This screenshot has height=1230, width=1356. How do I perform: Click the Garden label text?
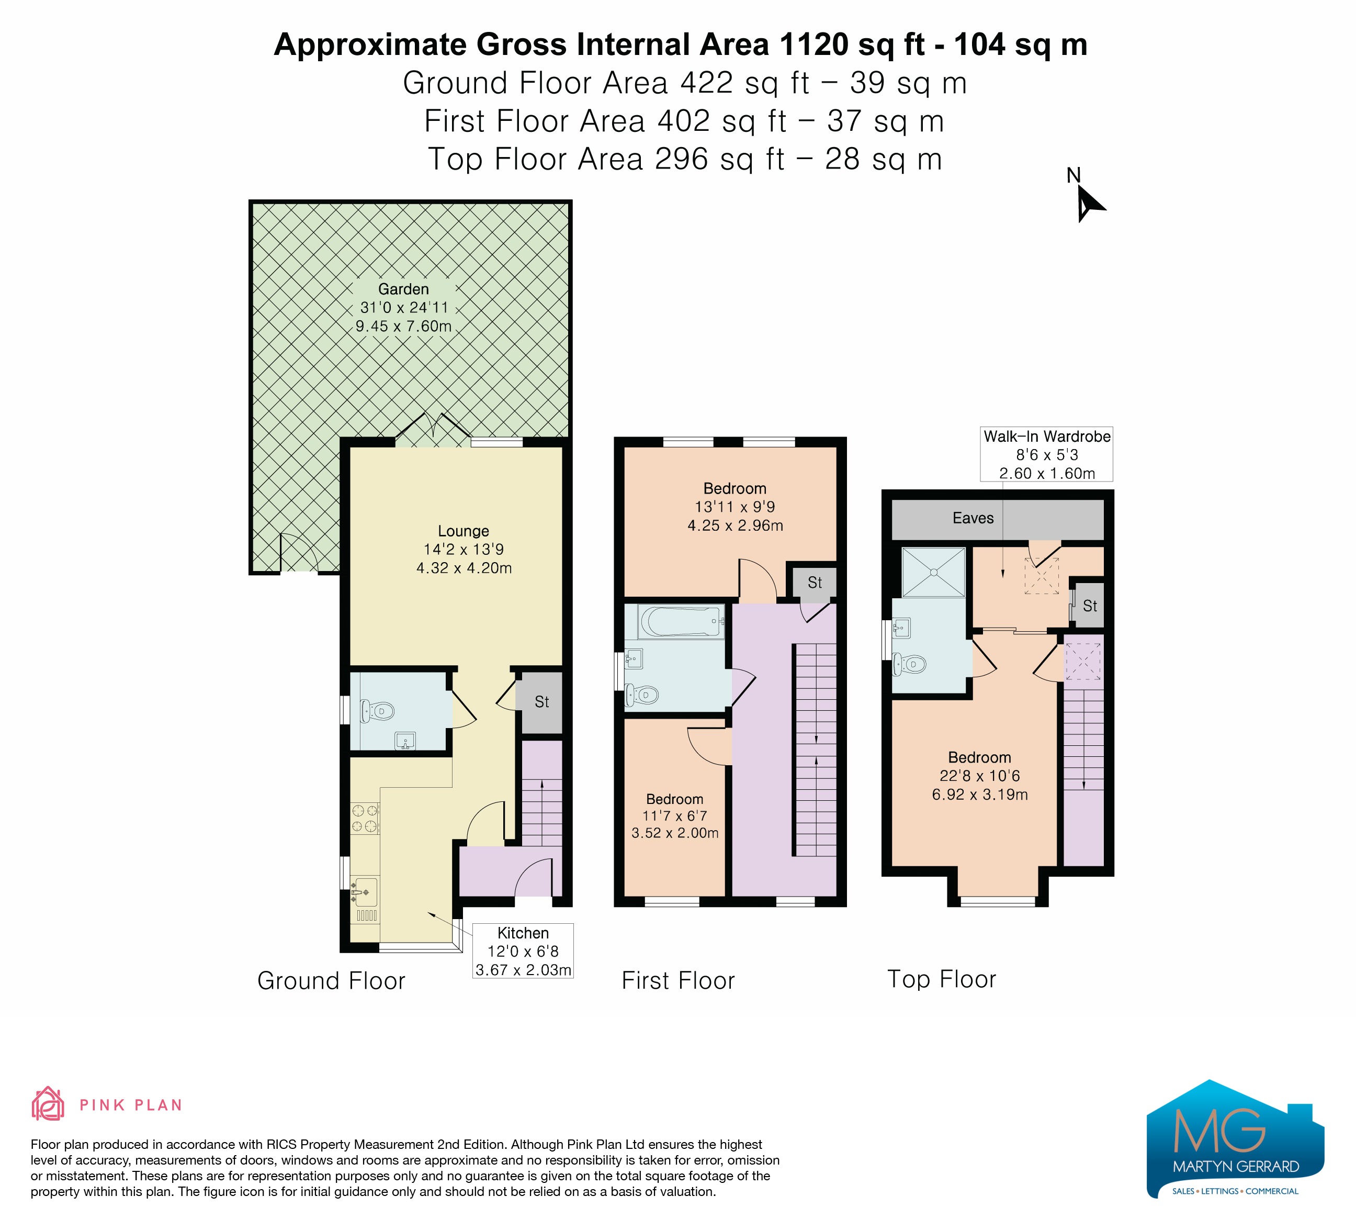[403, 289]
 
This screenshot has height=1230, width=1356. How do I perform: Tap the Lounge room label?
[464, 532]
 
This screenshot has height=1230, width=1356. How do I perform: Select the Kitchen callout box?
[523, 951]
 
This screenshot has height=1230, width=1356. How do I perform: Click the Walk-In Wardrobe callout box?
[1047, 454]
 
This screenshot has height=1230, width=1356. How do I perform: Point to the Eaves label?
[973, 518]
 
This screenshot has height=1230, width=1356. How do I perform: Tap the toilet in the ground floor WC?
[377, 711]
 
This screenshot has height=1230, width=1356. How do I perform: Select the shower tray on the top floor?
[934, 572]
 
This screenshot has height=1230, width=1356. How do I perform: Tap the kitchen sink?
[364, 893]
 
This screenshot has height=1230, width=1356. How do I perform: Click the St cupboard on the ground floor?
[542, 702]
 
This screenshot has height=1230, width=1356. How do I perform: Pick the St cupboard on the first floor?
[815, 583]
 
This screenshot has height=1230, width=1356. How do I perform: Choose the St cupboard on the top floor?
[1090, 606]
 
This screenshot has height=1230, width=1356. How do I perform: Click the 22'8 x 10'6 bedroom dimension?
[979, 776]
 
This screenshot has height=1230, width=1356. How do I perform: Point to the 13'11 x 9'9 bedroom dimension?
[734, 507]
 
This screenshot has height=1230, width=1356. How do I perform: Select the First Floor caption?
[678, 980]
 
